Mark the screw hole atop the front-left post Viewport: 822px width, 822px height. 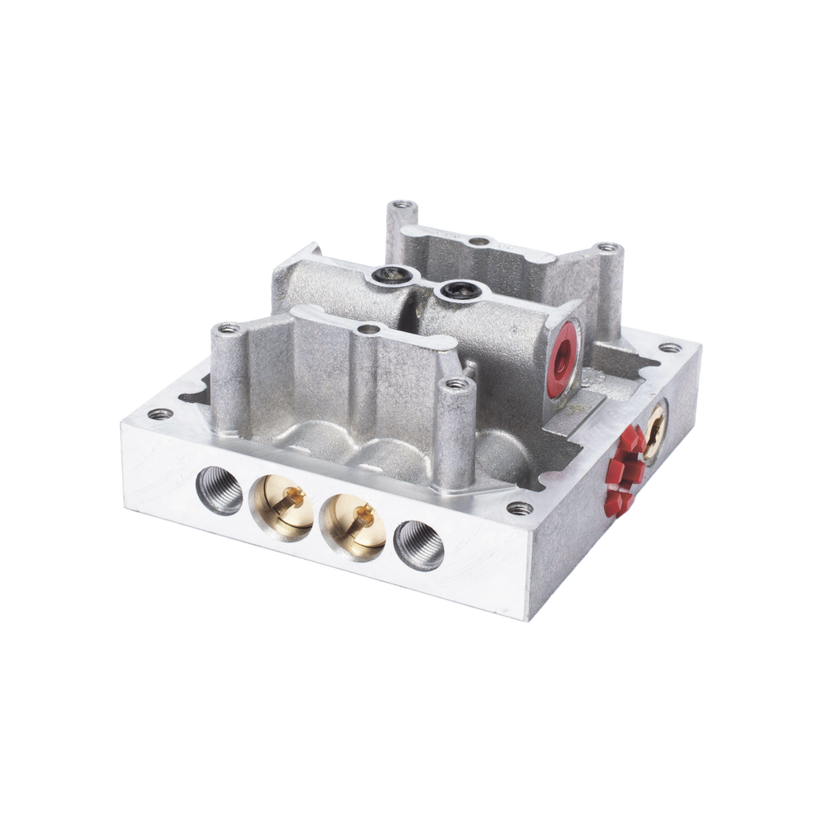coord(224,329)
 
